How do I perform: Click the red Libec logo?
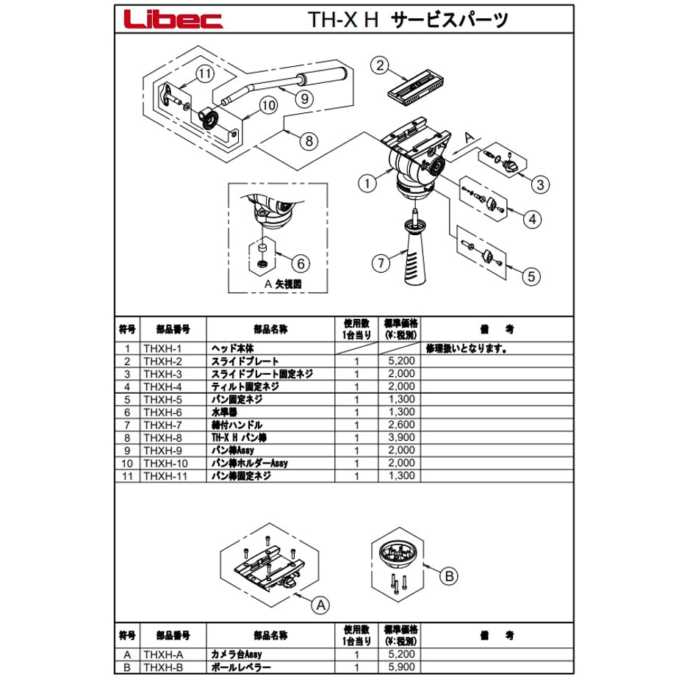(x=173, y=19)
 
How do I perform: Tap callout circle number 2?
(x=380, y=65)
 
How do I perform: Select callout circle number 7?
(x=381, y=263)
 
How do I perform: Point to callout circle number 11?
(x=205, y=73)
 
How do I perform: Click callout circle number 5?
(x=531, y=276)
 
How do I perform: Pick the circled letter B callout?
(x=449, y=576)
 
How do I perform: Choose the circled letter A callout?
(x=321, y=605)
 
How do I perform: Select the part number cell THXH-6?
(x=162, y=412)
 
